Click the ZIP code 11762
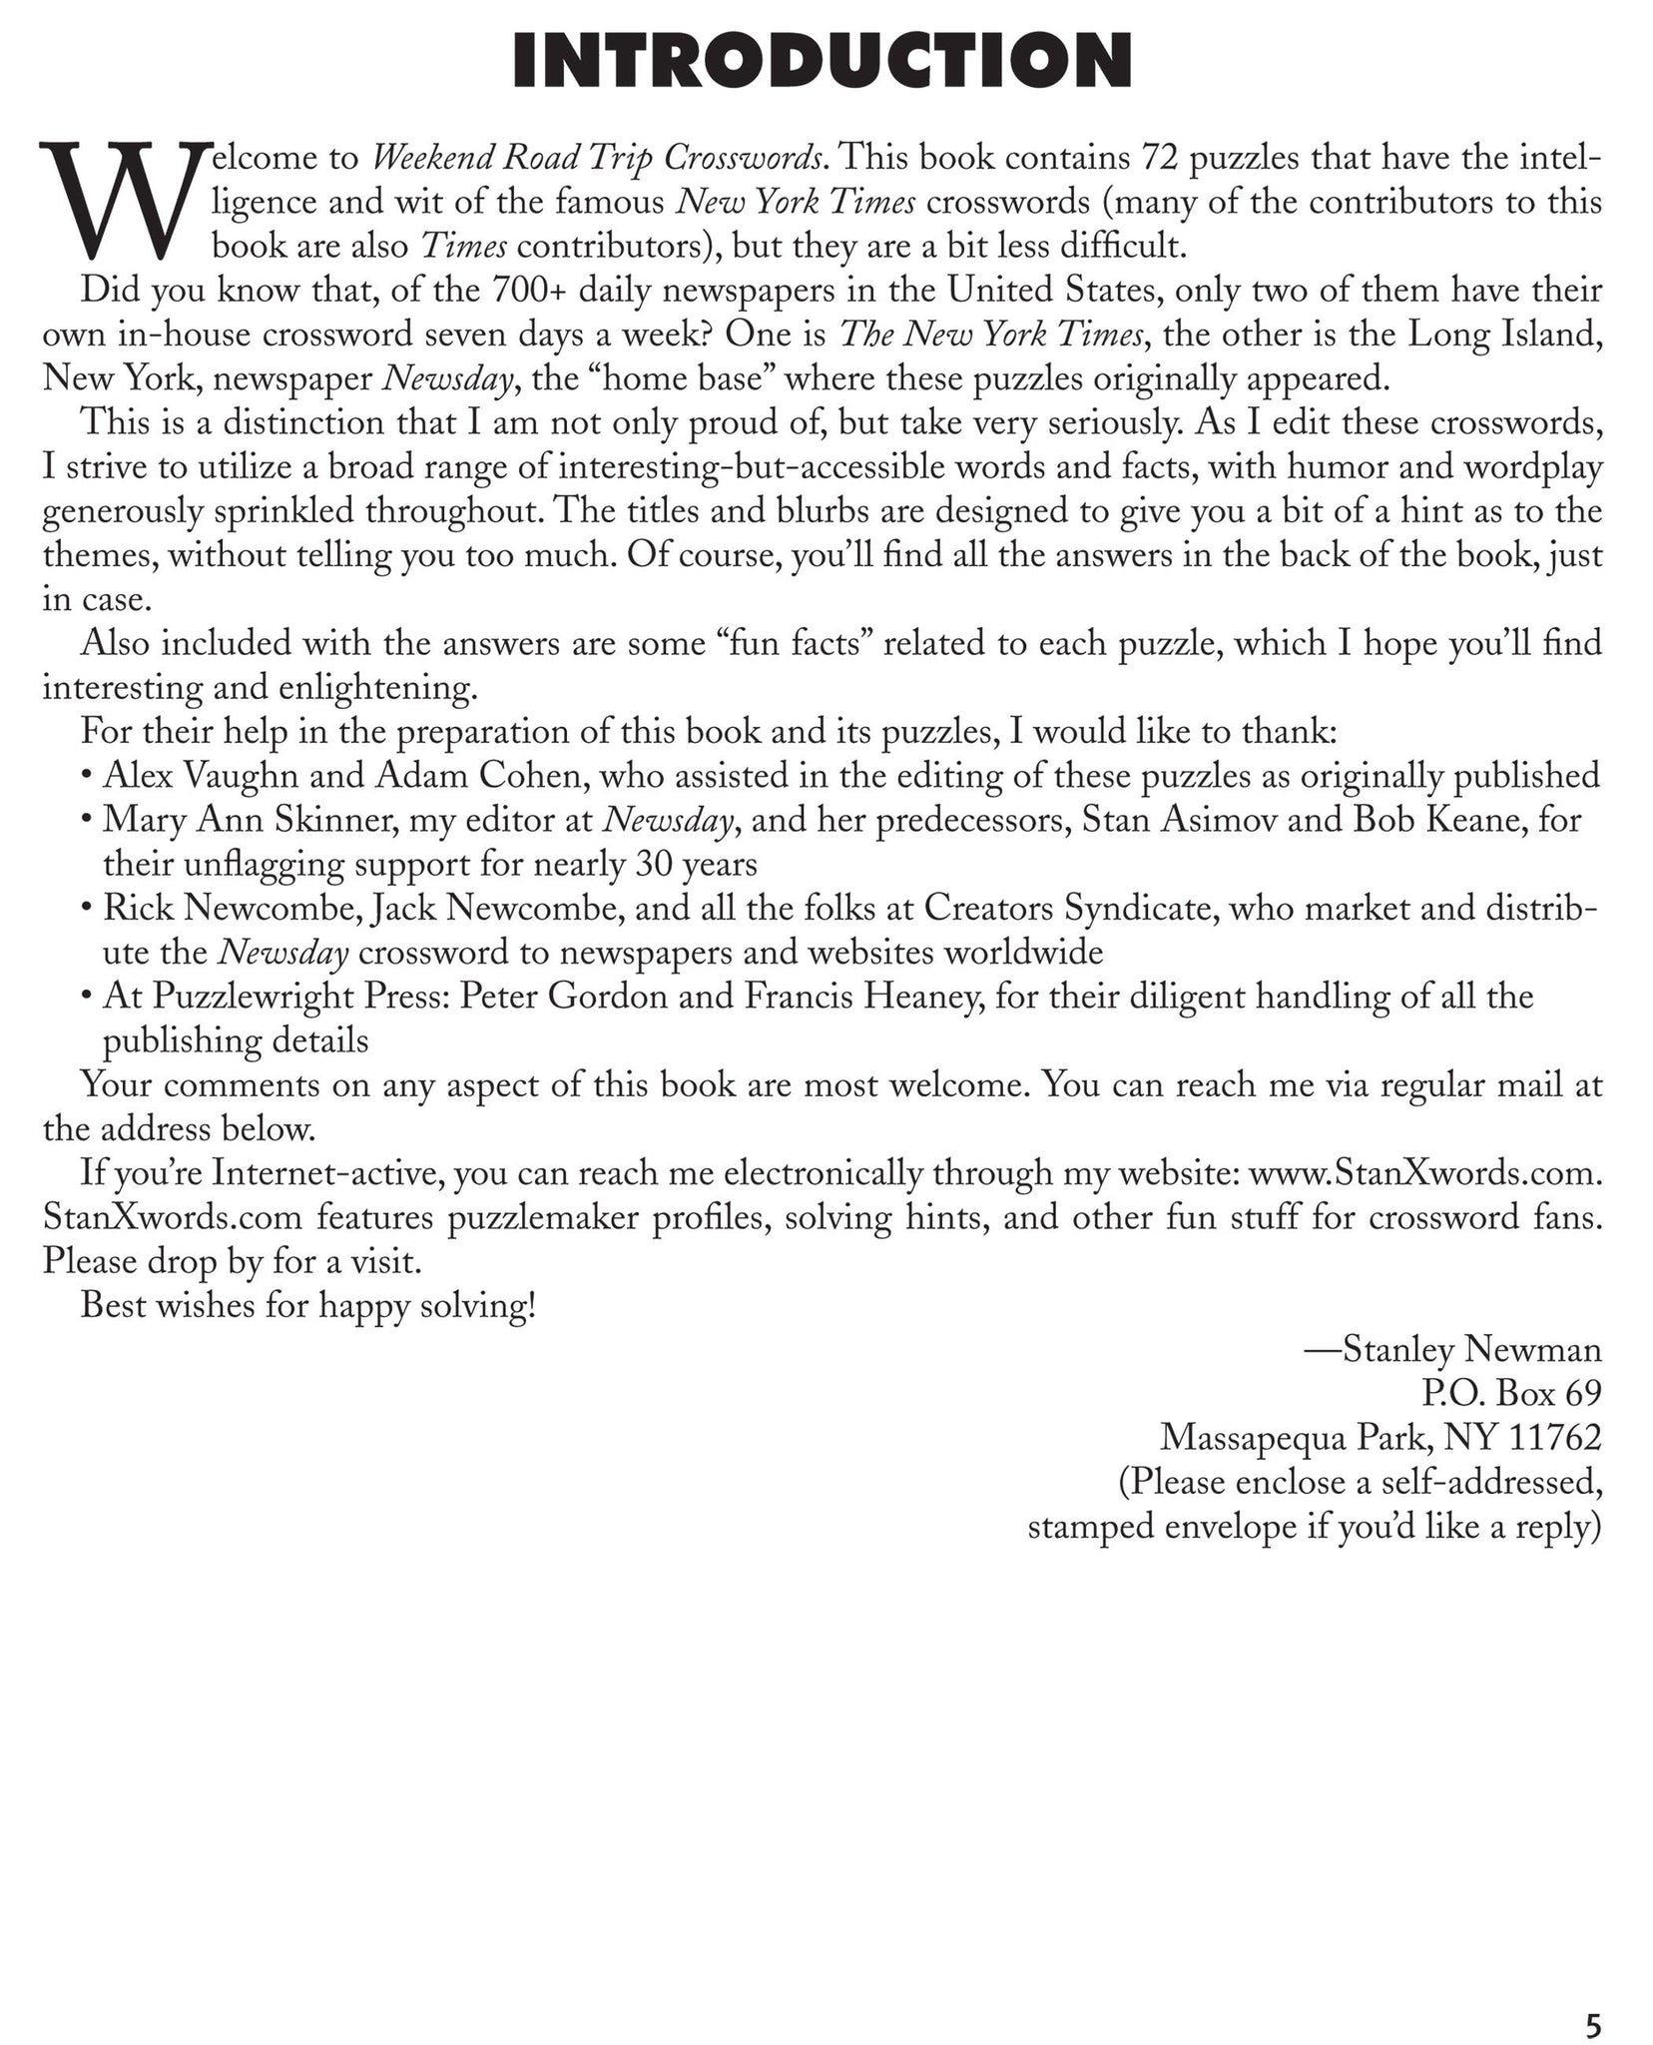point(1555,1438)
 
